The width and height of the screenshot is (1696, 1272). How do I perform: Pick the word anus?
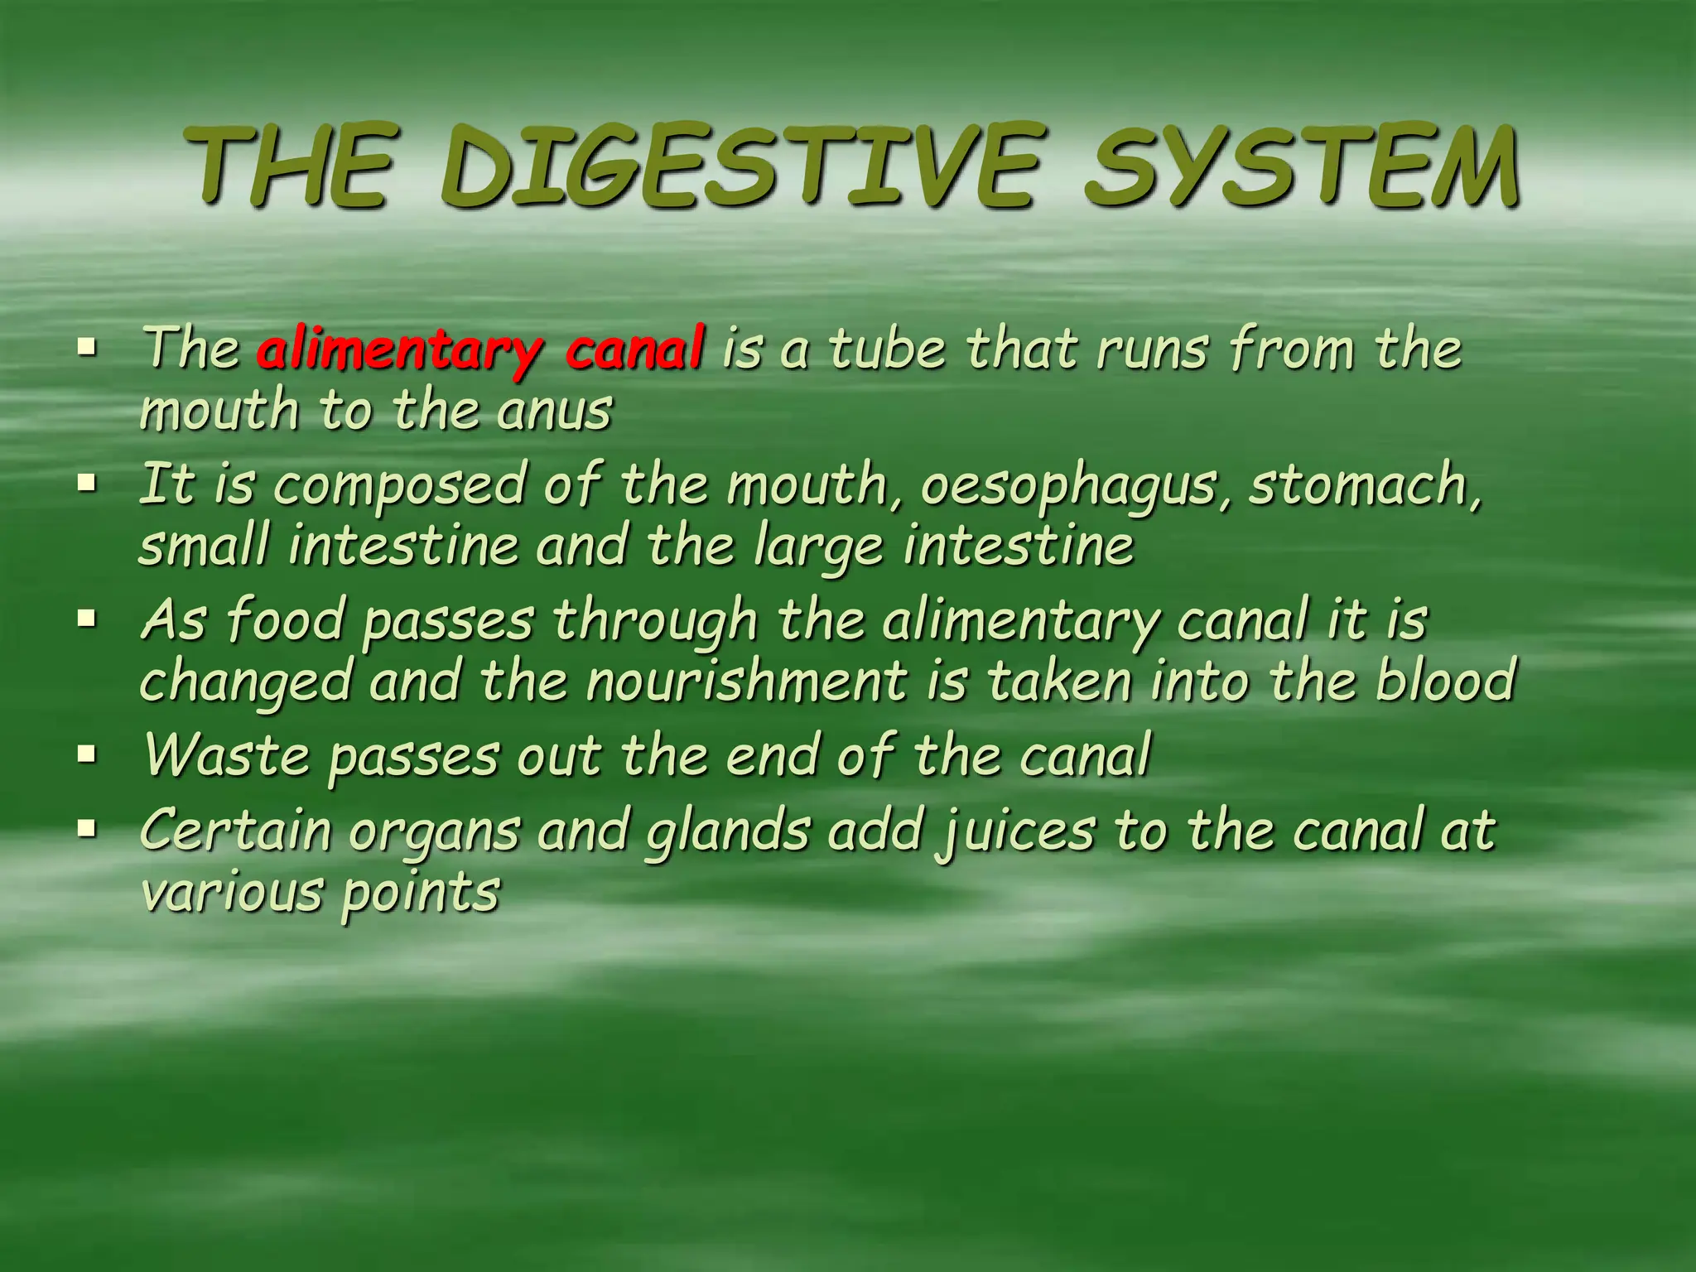pyautogui.click(x=554, y=411)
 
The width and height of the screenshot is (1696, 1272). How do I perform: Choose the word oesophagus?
pyautogui.click(x=1076, y=486)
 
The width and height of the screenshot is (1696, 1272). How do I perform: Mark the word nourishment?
pyautogui.click(x=746, y=681)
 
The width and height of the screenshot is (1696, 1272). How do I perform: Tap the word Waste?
pyautogui.click(x=226, y=755)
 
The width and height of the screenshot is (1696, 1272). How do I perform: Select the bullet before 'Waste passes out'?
pyautogui.click(x=86, y=754)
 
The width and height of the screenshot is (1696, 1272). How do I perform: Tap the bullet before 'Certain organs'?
pyautogui.click(x=86, y=828)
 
